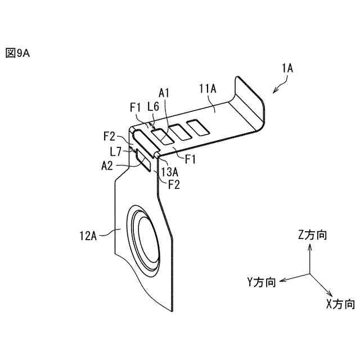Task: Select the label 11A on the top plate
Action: click(x=208, y=88)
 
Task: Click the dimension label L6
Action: click(x=152, y=106)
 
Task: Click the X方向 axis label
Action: click(x=340, y=304)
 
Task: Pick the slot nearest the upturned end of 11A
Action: click(x=199, y=128)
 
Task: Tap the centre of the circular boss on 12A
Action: click(x=148, y=241)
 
